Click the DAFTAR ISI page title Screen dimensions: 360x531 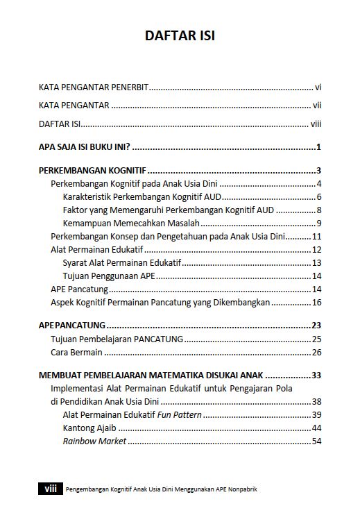tap(180, 35)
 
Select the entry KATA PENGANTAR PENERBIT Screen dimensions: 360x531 tap(94, 87)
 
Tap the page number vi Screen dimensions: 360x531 tap(318, 87)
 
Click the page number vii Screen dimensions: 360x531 tap(316, 106)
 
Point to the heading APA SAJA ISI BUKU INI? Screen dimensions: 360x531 tap(85, 147)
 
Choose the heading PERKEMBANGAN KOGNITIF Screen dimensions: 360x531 tap(92, 171)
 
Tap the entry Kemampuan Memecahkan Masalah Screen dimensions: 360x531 tap(131, 223)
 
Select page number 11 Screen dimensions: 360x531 tap(316, 236)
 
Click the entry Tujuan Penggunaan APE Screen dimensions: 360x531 tap(108, 276)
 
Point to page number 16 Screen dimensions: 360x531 tap(316, 302)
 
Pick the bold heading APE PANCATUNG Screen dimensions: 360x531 tap(71, 325)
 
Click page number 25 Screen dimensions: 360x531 tap(316, 339)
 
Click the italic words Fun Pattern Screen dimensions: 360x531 tap(180, 414)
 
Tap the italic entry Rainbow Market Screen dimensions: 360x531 tap(94, 441)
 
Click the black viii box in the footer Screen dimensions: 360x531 tap(50, 489)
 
